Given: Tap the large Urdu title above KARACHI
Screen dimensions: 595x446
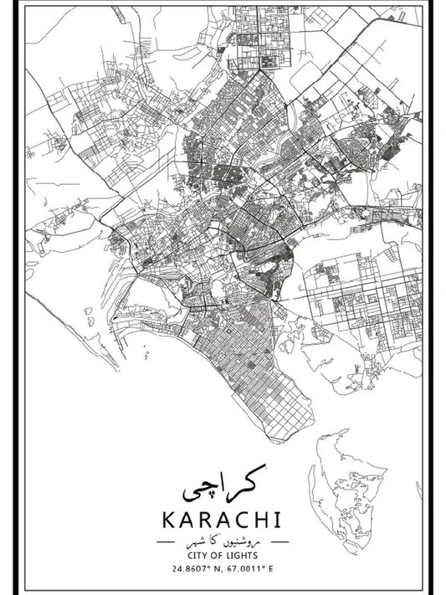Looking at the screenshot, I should [x=223, y=480].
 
